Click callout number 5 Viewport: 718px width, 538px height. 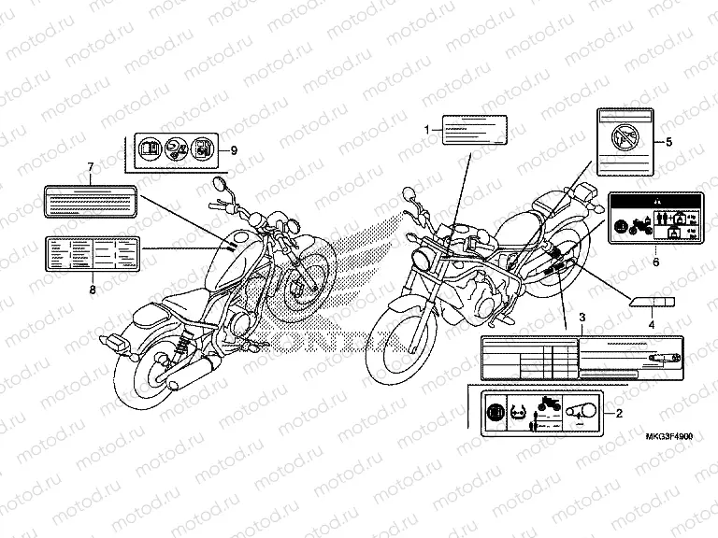[x=669, y=142]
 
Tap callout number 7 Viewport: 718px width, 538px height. [x=91, y=169]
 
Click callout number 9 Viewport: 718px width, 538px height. [x=234, y=149]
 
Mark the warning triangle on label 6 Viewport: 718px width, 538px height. [x=654, y=201]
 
